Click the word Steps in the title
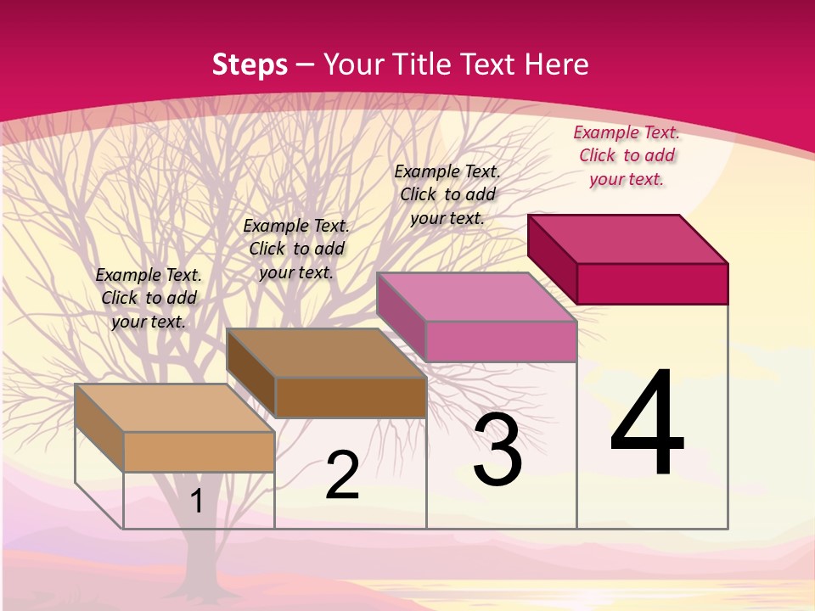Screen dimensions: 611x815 pos(250,64)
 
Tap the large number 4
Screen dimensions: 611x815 pos(647,424)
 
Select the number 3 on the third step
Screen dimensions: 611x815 pos(497,450)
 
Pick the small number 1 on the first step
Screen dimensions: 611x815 pos(196,501)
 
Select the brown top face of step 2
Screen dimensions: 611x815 pos(327,353)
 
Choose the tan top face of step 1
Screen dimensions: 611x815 pos(175,408)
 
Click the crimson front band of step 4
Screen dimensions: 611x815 pos(652,283)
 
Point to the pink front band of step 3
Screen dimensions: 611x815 pos(501,341)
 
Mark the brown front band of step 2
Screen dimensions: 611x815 pos(351,397)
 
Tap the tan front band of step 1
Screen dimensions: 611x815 pos(199,451)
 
